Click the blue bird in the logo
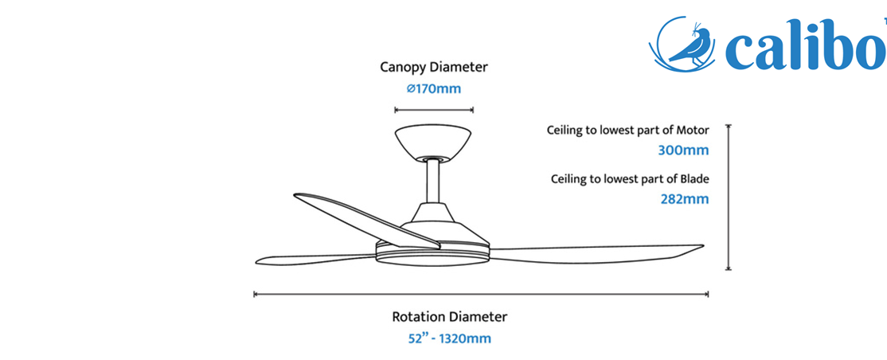click(690, 45)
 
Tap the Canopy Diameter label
click(433, 67)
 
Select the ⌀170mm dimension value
click(434, 89)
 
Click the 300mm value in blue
click(683, 151)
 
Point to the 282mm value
click(685, 199)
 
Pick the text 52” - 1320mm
click(450, 338)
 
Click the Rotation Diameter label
click(450, 316)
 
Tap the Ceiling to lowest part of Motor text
click(628, 130)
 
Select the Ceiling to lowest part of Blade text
click(630, 179)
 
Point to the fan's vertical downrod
click(434, 181)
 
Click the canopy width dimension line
click(434, 110)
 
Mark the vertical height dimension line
click(729, 198)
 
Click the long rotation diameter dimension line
click(482, 294)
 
